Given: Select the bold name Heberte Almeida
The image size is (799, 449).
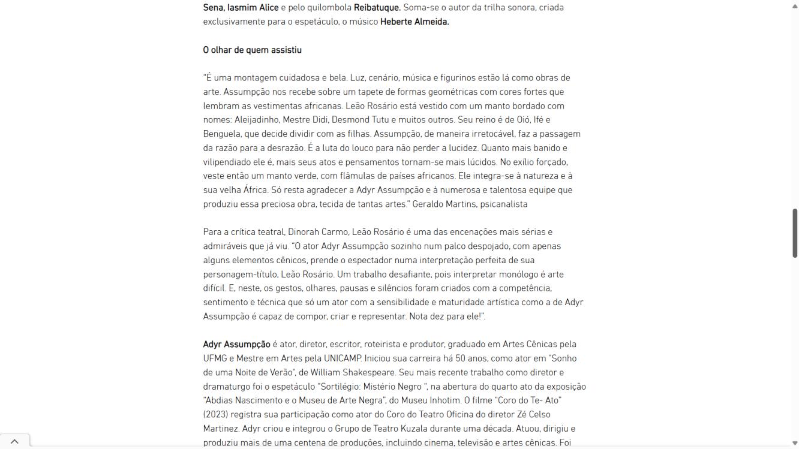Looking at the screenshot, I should (x=414, y=22).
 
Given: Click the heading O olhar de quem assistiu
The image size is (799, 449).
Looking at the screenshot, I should (x=252, y=50).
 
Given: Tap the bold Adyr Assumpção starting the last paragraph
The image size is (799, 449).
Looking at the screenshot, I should (x=236, y=345).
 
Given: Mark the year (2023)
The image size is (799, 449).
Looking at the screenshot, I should (x=218, y=415).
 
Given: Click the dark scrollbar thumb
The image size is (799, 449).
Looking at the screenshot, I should (x=795, y=233).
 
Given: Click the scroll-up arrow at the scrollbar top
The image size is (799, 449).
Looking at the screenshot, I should (x=795, y=5).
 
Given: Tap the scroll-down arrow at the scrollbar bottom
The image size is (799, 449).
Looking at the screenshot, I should (x=795, y=444).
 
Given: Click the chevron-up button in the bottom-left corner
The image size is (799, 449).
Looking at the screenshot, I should (x=14, y=442).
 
